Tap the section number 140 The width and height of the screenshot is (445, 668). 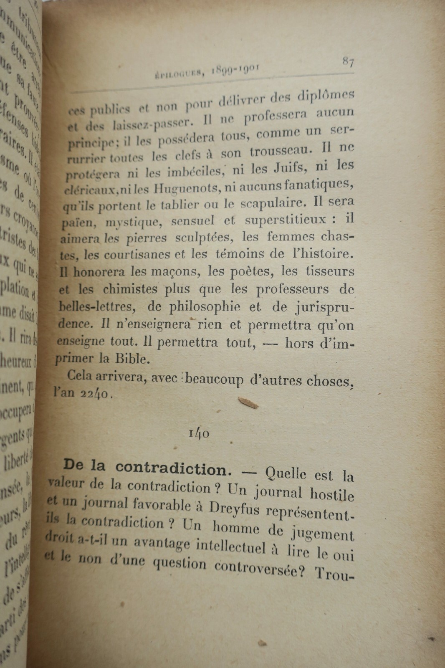pyautogui.click(x=199, y=433)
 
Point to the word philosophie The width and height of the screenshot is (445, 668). pyautogui.click(x=205, y=306)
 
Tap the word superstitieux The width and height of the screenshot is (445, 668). pyautogui.click(x=286, y=220)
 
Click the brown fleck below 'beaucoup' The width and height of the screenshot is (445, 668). pyautogui.click(x=248, y=402)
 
